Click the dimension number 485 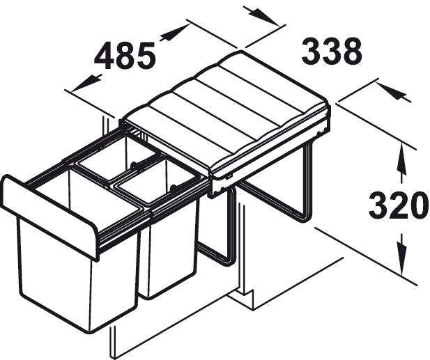coord(125,55)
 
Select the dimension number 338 coord(332,51)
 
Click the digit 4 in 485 coord(105,56)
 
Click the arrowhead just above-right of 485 coord(175,33)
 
